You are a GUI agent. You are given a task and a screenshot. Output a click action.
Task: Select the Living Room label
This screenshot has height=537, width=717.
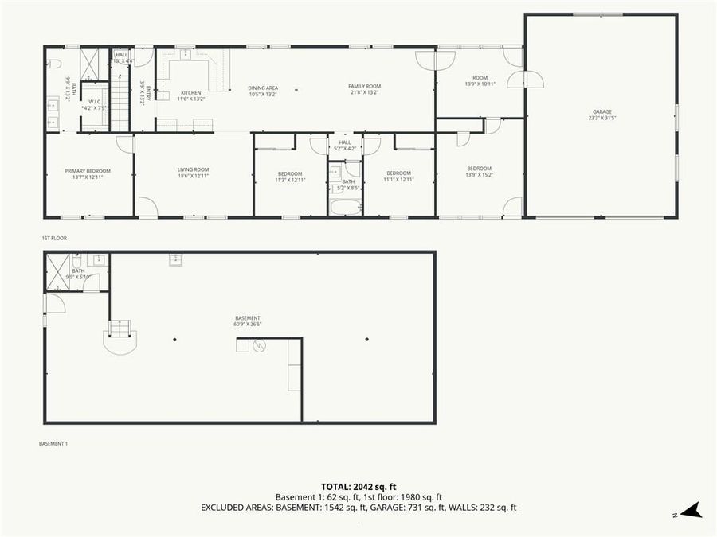pyautogui.click(x=193, y=173)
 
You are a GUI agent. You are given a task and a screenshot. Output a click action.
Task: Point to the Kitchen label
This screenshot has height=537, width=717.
pyautogui.click(x=190, y=95)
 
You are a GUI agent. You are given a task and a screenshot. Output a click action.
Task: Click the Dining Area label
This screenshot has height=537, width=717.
pyautogui.click(x=262, y=90)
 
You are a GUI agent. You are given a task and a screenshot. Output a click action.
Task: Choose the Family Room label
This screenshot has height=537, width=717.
pyautogui.click(x=364, y=89)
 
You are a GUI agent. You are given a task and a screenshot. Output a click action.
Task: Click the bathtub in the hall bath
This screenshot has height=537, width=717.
pyautogui.click(x=345, y=207)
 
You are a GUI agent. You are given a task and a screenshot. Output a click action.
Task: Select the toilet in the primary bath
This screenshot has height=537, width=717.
pyautogui.click(x=54, y=64)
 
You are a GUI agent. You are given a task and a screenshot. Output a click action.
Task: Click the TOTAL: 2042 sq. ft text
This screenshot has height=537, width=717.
pyautogui.click(x=358, y=486)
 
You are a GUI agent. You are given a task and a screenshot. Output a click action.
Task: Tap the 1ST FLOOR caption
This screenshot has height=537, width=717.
pyautogui.click(x=53, y=238)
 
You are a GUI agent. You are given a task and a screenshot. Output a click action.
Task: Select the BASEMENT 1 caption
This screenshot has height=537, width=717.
pyautogui.click(x=53, y=443)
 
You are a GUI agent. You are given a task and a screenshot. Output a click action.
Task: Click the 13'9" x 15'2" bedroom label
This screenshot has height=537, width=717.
pyautogui.click(x=479, y=172)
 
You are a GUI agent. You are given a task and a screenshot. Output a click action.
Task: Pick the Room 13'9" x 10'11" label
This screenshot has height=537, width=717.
pyautogui.click(x=480, y=80)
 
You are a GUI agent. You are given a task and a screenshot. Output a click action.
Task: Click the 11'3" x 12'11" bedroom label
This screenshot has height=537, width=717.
pyautogui.click(x=290, y=177)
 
